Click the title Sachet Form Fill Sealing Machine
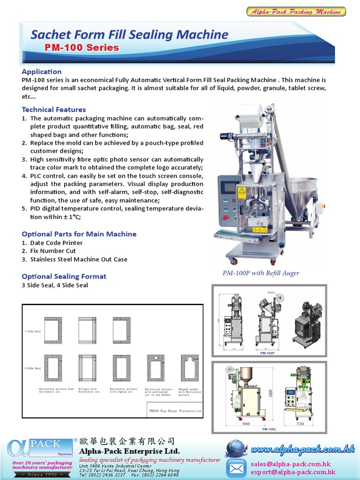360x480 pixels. coord(129,35)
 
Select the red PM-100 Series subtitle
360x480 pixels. coord(82,48)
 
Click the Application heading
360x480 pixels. coord(42,72)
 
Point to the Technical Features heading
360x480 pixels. coord(54,110)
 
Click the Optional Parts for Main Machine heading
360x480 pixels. coord(79,234)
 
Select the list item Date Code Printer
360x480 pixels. coord(56,243)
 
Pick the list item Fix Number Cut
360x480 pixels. coord(52,251)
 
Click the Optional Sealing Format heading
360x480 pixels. coord(64,277)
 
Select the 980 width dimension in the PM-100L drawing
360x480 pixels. coord(246,423)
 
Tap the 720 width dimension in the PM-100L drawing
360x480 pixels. coord(300,423)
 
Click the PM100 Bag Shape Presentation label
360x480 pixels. coord(174,411)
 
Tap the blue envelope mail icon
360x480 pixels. coord(236,468)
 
